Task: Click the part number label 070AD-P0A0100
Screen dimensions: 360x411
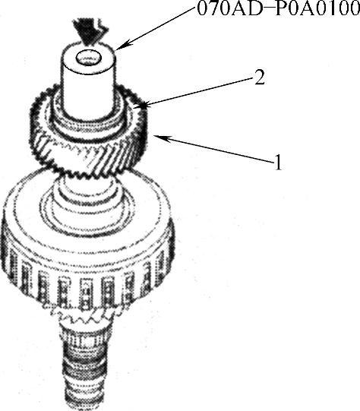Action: (278, 9)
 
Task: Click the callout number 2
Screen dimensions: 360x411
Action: (260, 77)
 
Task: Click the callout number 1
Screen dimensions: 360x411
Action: (278, 162)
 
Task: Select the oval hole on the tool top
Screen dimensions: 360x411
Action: (89, 58)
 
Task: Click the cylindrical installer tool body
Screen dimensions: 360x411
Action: (89, 79)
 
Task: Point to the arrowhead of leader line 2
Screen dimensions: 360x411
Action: (144, 105)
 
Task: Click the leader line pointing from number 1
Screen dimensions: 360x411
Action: (214, 150)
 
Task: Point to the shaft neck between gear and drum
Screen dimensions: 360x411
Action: (87, 184)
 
